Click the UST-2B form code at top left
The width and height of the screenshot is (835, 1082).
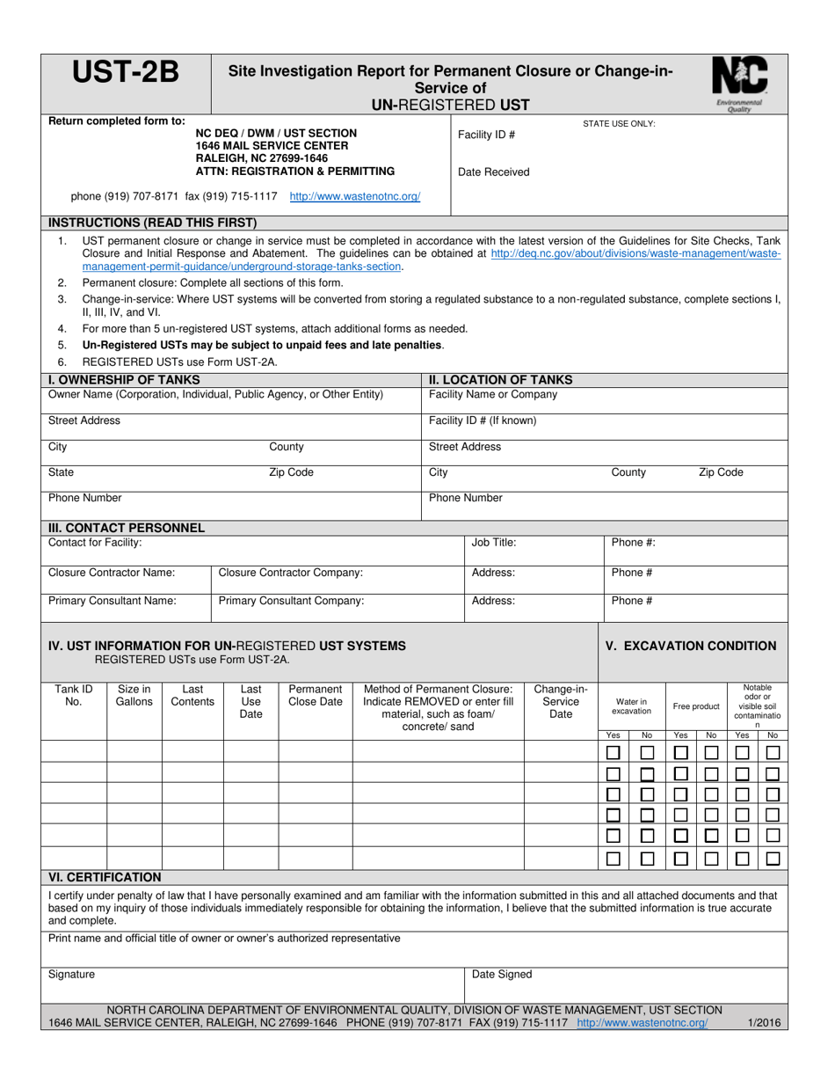125,74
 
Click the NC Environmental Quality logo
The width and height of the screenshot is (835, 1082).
739,81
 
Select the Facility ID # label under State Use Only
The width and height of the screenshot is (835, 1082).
487,135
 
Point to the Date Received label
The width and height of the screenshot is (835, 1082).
494,172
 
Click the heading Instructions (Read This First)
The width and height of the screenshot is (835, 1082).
152,222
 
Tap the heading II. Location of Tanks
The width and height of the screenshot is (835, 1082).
500,380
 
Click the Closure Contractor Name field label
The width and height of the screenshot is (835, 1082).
112,573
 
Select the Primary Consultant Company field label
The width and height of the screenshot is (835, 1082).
291,602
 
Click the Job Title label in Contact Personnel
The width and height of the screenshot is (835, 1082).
494,543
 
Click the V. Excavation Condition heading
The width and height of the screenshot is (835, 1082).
691,646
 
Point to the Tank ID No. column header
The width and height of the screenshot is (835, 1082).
74,695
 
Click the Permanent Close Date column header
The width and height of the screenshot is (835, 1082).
316,695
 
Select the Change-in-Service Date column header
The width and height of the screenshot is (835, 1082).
561,701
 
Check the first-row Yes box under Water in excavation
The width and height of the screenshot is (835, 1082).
614,753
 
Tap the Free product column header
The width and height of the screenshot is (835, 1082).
696,706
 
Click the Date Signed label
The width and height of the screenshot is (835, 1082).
502,975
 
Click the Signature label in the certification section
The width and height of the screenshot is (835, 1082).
71,975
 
